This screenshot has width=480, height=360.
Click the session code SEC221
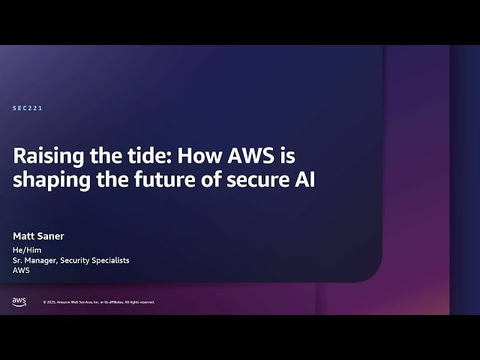click(x=28, y=108)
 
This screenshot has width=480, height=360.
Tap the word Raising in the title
click(x=46, y=157)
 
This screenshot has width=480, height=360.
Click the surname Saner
click(x=50, y=235)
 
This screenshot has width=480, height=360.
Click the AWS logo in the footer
click(x=19, y=301)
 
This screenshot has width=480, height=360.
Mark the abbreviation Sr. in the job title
click(x=17, y=260)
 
